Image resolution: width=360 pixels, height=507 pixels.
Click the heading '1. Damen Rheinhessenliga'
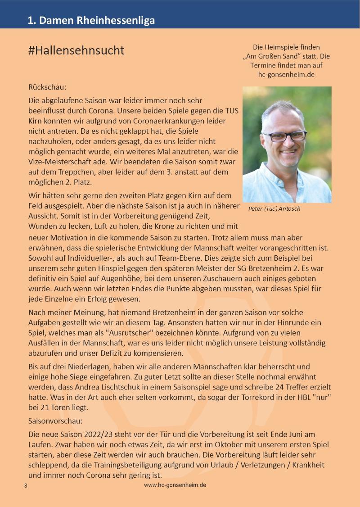coord(91,20)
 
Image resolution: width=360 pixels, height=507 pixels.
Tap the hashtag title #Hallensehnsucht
coord(76,51)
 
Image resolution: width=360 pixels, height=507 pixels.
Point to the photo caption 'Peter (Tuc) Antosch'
coord(274,209)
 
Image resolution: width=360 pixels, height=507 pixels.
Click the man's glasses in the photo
coord(286,136)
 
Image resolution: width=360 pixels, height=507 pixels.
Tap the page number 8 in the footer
coord(26,486)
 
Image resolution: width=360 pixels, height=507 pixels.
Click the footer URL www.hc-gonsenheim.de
coord(175,485)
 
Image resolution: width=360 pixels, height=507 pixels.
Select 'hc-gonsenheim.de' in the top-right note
coord(286,74)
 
